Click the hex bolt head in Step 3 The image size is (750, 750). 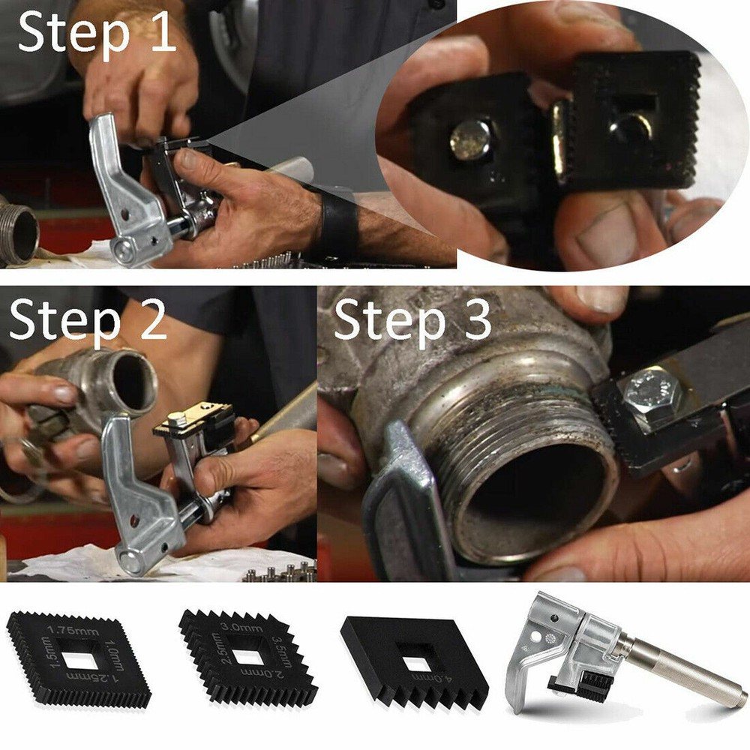(649, 394)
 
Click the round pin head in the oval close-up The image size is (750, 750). (471, 139)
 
